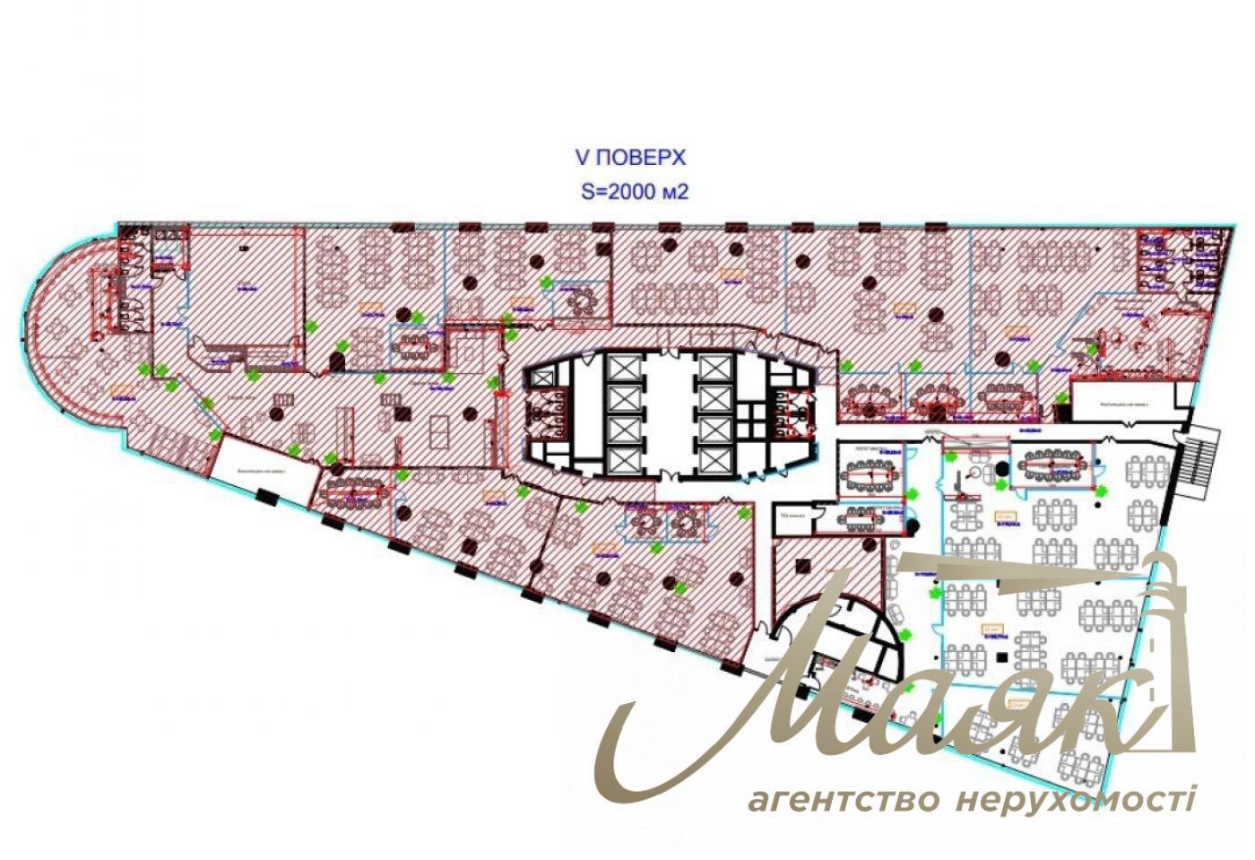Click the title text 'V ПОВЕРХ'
pyautogui.click(x=629, y=158)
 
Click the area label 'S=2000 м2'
pyautogui.click(x=635, y=192)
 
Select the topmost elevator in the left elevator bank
pyautogui.click(x=622, y=368)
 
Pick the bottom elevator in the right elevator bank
pyautogui.click(x=714, y=457)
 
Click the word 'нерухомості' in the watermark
pyautogui.click(x=1076, y=798)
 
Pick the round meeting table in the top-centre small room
pyautogui.click(x=581, y=301)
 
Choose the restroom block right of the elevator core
pyautogui.click(x=792, y=414)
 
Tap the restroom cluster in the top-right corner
pyautogui.click(x=1178, y=260)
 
